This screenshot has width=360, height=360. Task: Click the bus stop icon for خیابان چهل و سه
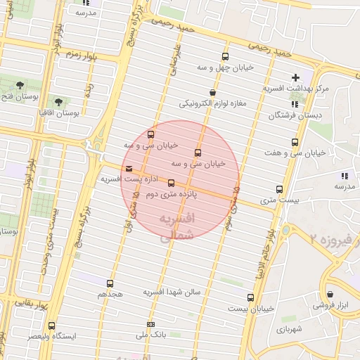[x=225, y=57]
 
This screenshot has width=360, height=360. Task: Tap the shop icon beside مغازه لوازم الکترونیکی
[x=212, y=93]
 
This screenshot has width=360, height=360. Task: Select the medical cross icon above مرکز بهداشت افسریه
[x=295, y=77]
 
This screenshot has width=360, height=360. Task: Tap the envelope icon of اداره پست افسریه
[x=128, y=169]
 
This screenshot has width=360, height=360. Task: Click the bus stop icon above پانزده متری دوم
[x=171, y=183]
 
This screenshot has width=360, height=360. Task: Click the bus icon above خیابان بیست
[x=250, y=297]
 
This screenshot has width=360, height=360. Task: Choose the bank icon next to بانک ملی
[x=150, y=325]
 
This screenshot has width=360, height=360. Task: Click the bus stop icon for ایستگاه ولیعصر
[x=51, y=326]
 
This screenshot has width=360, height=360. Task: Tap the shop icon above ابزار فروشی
[x=330, y=294]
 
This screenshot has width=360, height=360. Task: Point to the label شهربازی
[x=289, y=328]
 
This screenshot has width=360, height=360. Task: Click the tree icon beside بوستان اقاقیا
[x=58, y=102]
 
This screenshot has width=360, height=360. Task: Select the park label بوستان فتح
[x=16, y=96]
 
